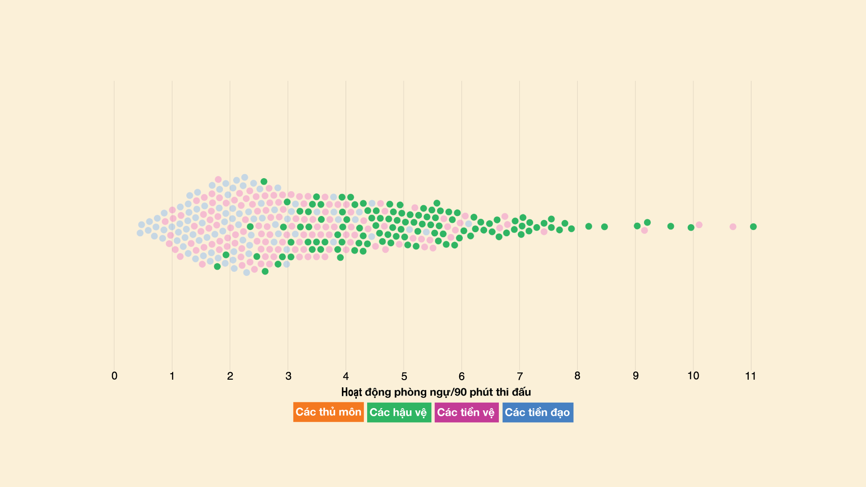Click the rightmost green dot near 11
pos(753,226)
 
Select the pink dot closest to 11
pos(733,226)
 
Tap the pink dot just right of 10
pos(699,225)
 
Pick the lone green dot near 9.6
pos(671,226)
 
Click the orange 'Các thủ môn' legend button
pos(328,412)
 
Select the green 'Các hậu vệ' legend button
pos(399,412)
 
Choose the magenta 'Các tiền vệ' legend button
pos(466,412)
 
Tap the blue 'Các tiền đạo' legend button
pos(538,412)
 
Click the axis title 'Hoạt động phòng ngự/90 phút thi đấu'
pos(436,392)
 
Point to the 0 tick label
pos(114,376)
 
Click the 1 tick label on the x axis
pos(172,376)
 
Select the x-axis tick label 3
pos(288,376)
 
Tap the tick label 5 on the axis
pos(404,376)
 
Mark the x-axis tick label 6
pos(461,376)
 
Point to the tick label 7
pos(520,376)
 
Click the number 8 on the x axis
pos(577,376)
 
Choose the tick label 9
pos(636,376)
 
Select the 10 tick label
pos(693,376)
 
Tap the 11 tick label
pos(751,376)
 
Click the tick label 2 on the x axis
pos(230,376)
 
